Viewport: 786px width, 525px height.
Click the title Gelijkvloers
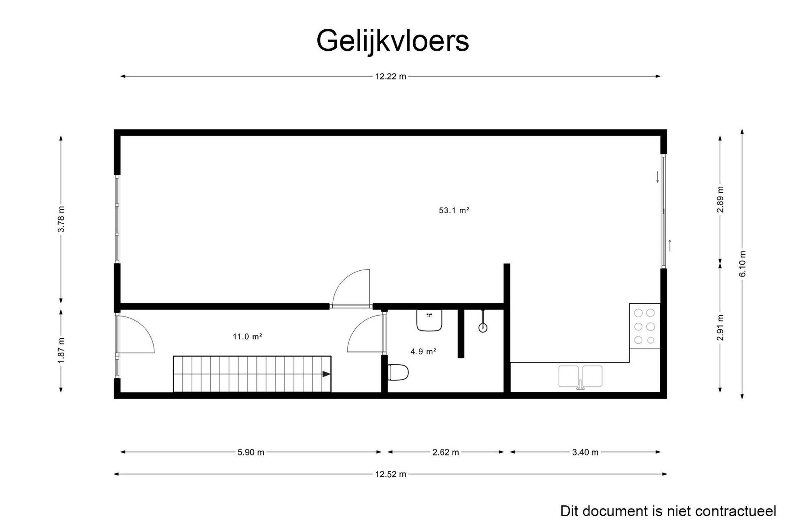point(392,41)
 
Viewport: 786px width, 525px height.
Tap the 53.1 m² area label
point(454,210)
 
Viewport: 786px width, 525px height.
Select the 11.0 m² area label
point(247,337)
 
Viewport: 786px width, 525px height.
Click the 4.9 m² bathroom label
point(423,351)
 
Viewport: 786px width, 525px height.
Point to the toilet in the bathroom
point(398,372)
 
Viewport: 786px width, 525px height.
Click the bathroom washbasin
point(429,320)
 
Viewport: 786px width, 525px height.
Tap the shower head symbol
point(483,327)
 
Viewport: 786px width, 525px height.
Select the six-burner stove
point(644,326)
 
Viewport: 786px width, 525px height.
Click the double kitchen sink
point(580,376)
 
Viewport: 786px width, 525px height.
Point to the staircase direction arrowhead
point(326,374)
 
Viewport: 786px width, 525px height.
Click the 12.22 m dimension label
point(390,76)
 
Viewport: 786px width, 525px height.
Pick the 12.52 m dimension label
point(390,474)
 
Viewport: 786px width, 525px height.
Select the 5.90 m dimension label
point(251,452)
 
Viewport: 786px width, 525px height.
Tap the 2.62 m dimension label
point(446,452)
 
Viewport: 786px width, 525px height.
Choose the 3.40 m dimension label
point(585,452)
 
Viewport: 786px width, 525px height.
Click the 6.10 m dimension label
point(743,263)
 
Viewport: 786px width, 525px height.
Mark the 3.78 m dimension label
point(61,219)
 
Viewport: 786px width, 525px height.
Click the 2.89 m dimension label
point(720,199)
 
